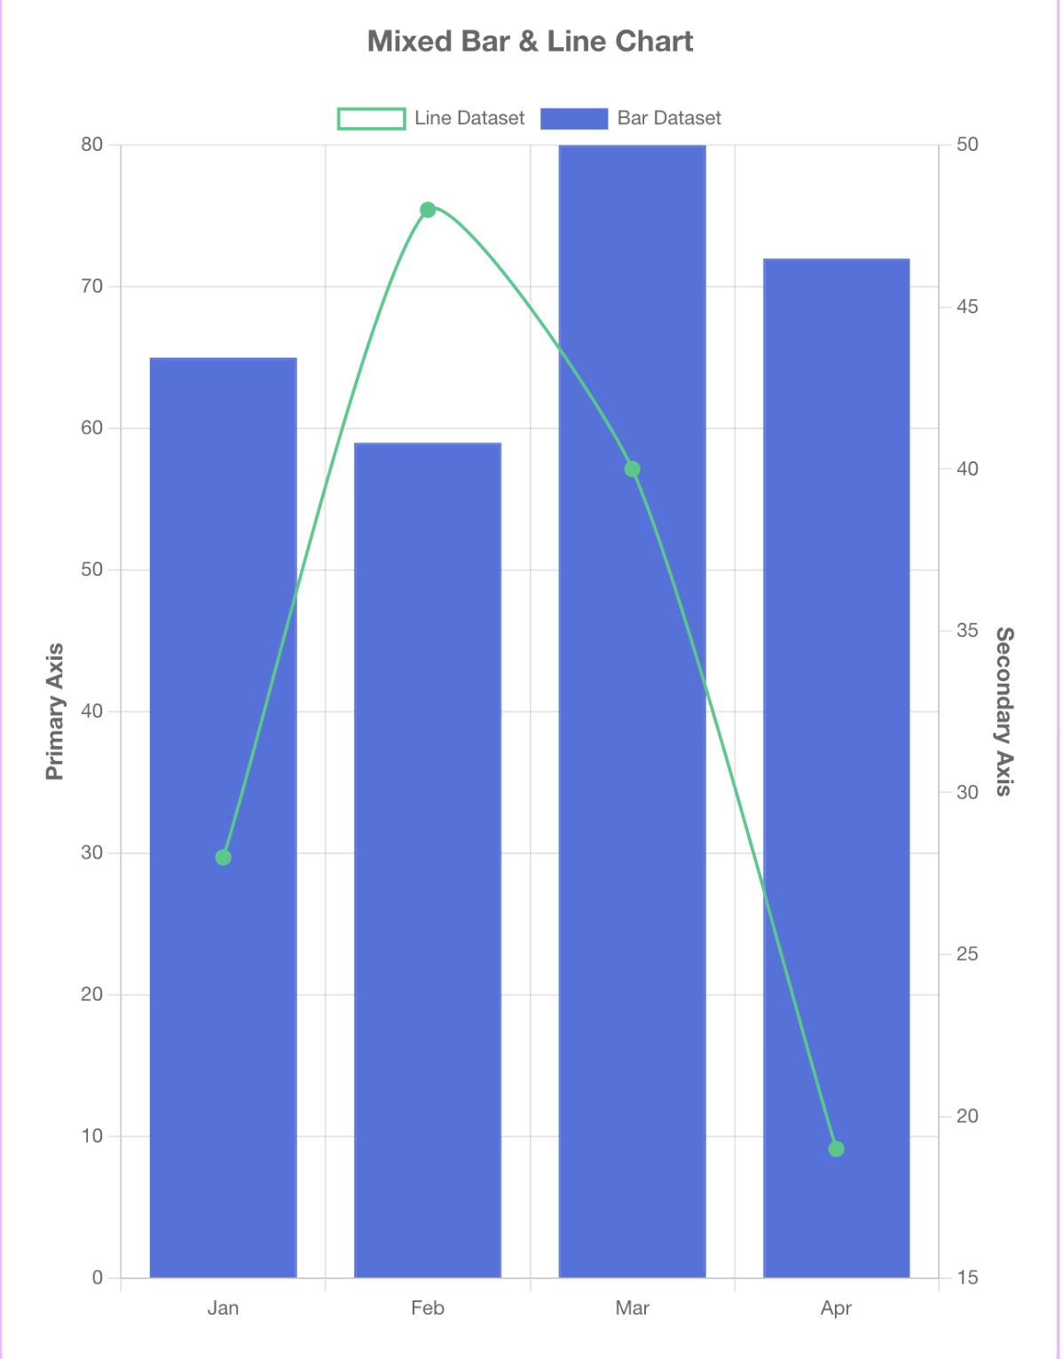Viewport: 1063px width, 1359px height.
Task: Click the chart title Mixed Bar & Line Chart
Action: [x=530, y=42]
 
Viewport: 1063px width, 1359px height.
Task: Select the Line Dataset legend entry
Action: [x=431, y=118]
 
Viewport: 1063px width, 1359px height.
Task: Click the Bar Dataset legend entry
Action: [x=631, y=118]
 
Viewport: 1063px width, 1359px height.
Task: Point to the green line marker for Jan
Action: [x=224, y=857]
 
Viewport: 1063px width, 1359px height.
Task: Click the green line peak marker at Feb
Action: [x=428, y=209]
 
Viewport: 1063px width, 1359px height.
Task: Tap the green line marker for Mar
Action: [x=632, y=469]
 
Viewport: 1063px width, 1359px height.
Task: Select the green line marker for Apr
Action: [x=836, y=1149]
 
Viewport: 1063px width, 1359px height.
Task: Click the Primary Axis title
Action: [x=55, y=711]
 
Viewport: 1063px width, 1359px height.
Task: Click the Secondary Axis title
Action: [x=1004, y=711]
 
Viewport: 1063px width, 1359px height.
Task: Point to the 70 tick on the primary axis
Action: [x=92, y=287]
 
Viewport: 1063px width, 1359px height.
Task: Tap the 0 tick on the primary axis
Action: [x=97, y=1277]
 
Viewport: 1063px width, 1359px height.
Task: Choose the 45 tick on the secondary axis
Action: [x=967, y=307]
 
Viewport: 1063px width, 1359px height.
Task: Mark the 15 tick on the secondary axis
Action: [x=967, y=1277]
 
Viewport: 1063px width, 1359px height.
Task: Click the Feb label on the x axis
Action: [x=428, y=1308]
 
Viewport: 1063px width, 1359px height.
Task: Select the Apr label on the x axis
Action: [x=836, y=1308]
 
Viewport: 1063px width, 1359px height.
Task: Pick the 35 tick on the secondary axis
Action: [x=967, y=631]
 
